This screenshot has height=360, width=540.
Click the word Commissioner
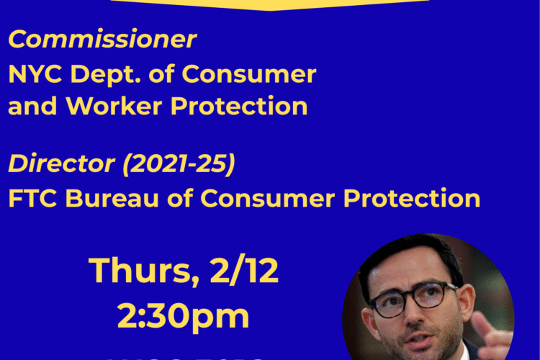coord(102,40)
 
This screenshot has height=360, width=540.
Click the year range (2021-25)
coord(179,164)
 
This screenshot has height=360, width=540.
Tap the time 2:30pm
coord(184,315)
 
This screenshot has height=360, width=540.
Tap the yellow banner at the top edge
coord(270,4)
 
